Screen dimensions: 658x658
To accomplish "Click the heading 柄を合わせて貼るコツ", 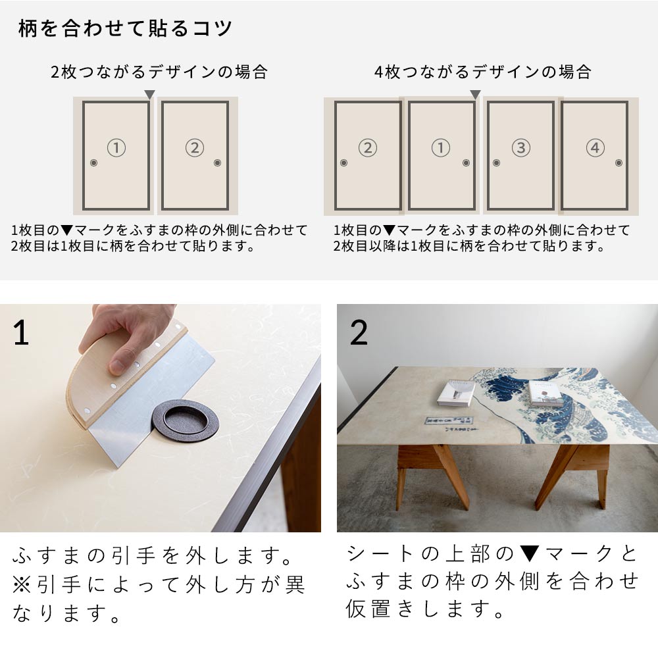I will tap(125, 30).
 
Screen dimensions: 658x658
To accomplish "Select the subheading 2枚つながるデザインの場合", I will tap(159, 72).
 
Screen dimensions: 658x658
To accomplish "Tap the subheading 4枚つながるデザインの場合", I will tap(483, 72).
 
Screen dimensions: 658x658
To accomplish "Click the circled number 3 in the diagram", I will tap(520, 148).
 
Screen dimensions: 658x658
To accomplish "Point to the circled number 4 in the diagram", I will tap(595, 148).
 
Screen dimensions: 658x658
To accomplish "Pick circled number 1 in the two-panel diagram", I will tap(116, 148).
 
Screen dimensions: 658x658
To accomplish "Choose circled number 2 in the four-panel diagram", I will tap(367, 148).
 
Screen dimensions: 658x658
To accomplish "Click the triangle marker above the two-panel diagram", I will tap(149, 95).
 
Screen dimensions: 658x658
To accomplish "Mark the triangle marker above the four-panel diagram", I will tap(475, 95).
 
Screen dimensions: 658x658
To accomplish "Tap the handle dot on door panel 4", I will tap(618, 163).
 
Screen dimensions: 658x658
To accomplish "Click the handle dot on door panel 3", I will tap(496, 163).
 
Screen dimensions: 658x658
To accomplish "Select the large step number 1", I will tap(21, 333).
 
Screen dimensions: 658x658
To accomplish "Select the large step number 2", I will tap(359, 333).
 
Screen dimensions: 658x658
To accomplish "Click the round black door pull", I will tap(184, 422).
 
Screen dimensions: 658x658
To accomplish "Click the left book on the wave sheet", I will tap(456, 393).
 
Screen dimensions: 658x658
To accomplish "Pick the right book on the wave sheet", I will tap(546, 393).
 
